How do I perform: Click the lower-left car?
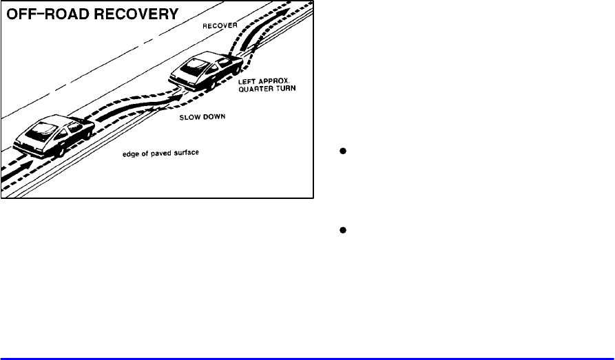pyautogui.click(x=52, y=134)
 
